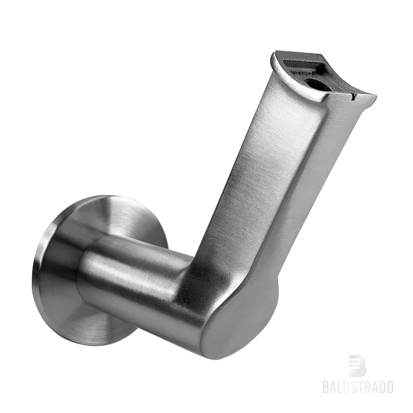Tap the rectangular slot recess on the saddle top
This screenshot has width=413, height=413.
304,66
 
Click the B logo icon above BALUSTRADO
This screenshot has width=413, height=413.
358,366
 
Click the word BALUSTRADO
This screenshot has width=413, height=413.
358,387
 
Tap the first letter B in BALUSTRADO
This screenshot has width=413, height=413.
326,387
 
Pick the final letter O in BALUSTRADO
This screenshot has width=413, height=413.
389,387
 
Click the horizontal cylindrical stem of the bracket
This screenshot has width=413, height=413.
132,281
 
